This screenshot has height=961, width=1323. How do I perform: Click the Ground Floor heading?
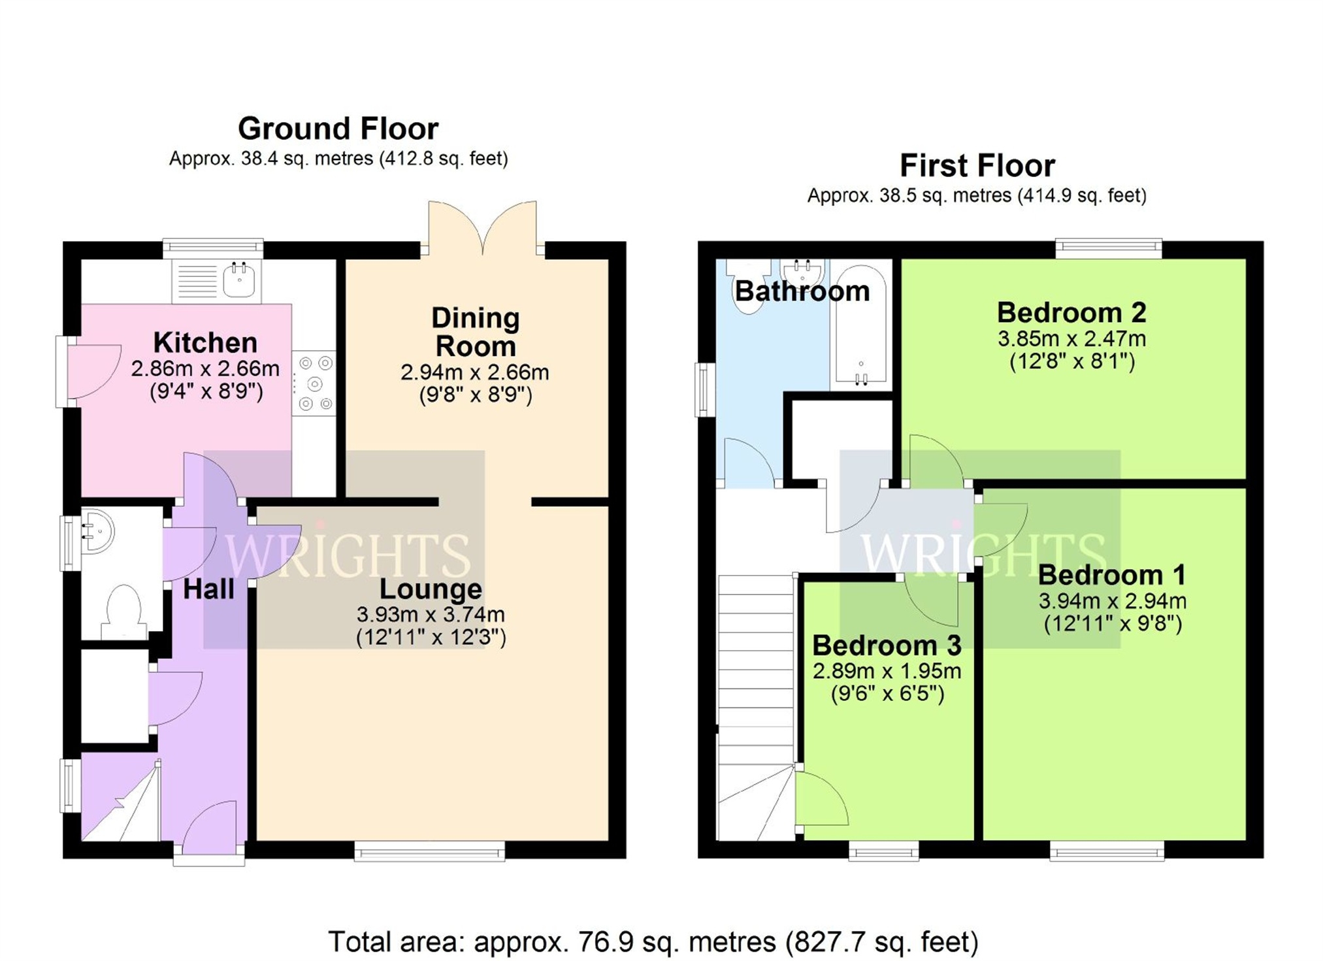pos(338,129)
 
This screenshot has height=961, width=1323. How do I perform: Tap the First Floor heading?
pos(977,166)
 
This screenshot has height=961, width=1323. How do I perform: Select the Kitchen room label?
pos(205,342)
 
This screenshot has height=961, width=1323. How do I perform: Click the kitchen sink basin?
pos(239,281)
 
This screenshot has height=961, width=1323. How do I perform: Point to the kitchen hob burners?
pos(314,383)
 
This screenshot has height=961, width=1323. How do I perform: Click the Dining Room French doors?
pos(482,229)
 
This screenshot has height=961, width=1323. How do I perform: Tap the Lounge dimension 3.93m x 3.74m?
pos(431,615)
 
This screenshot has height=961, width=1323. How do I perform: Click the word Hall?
pos(208,589)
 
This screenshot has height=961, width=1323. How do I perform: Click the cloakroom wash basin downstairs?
pos(98,532)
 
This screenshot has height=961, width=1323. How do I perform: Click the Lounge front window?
pos(429,851)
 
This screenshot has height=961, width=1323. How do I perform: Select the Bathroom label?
pos(802,291)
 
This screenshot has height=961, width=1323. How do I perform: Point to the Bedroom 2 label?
pos(1071,313)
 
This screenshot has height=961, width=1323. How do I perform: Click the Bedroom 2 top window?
pos(1109,248)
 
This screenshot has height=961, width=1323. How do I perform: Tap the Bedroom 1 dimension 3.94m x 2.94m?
pos(1112,601)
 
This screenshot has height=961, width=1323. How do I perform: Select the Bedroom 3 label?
pos(887,645)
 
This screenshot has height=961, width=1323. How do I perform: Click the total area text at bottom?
pos(653,941)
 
